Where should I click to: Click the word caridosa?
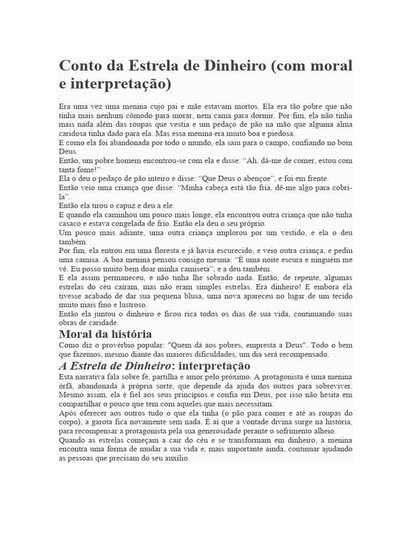point(73,134)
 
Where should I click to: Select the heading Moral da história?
point(105,334)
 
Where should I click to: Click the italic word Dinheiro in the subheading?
point(145,366)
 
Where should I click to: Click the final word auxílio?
point(176,459)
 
